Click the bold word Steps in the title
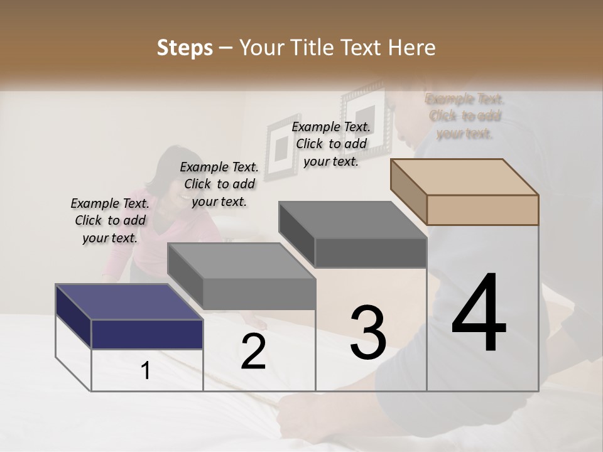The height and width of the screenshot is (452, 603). (x=185, y=48)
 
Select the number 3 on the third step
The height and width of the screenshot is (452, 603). (x=368, y=333)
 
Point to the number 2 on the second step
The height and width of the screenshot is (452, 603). (x=253, y=352)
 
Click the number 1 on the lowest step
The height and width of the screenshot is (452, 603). (x=146, y=371)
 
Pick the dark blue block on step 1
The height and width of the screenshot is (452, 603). (x=147, y=333)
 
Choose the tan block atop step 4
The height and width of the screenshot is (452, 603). (x=482, y=209)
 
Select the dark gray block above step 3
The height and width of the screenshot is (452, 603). (x=370, y=252)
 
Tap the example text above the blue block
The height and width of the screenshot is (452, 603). (x=111, y=220)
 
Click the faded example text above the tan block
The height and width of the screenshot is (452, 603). (x=465, y=116)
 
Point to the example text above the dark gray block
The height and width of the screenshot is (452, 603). (x=332, y=144)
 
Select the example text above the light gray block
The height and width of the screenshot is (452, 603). (x=220, y=184)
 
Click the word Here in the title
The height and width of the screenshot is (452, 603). (x=414, y=48)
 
